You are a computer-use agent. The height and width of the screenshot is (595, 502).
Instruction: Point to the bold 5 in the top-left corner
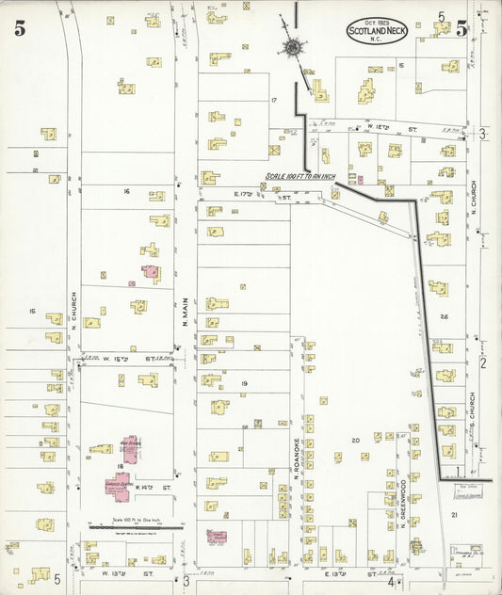pyautogui.click(x=19, y=29)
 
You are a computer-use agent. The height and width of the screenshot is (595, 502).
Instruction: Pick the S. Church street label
pyautogui.click(x=475, y=420)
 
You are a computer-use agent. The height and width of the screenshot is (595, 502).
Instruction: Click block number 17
pyautogui.click(x=274, y=100)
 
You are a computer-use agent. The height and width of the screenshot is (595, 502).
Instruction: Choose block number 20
pyautogui.click(x=355, y=441)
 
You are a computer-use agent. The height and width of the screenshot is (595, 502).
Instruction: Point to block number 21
pyautogui.click(x=454, y=515)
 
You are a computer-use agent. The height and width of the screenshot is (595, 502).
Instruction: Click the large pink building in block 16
pyautogui.click(x=151, y=273)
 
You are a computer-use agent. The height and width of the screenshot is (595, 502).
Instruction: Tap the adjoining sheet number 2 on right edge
pyautogui.click(x=482, y=362)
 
